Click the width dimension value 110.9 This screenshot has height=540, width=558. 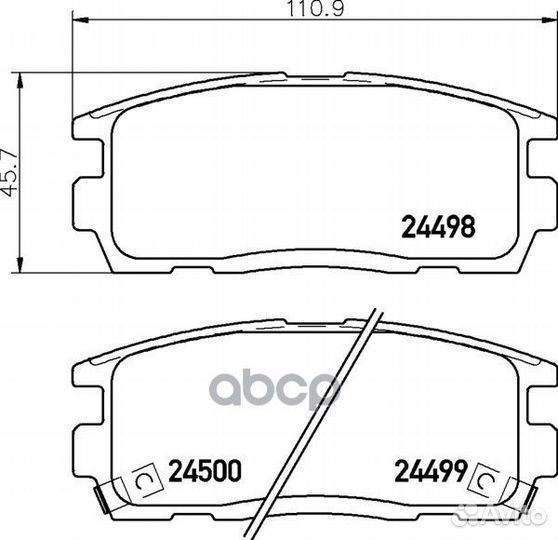(315, 9)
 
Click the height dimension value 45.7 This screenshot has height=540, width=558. (10, 173)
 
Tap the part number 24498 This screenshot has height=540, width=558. (438, 227)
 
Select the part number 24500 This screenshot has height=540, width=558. (205, 471)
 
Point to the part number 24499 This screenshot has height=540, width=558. (431, 471)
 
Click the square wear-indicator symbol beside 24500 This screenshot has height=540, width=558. (147, 480)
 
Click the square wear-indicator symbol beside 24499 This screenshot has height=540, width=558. (485, 480)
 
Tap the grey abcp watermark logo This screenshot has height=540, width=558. (275, 390)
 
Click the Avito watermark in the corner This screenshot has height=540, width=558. (497, 515)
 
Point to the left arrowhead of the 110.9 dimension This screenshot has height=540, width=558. (80, 20)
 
